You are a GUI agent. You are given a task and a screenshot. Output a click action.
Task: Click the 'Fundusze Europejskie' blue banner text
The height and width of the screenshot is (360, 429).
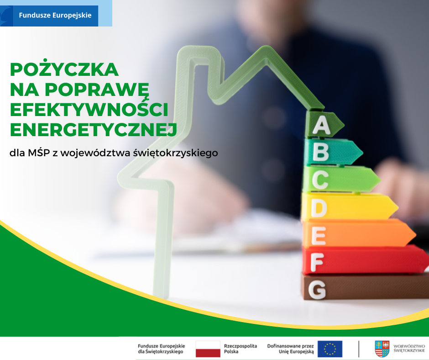pyautogui.click(x=55, y=15)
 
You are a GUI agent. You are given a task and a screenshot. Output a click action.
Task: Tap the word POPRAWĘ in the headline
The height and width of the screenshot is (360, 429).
pyautogui.click(x=97, y=90)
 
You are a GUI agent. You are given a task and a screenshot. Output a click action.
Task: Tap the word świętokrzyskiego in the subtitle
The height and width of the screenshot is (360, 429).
pyautogui.click(x=175, y=153)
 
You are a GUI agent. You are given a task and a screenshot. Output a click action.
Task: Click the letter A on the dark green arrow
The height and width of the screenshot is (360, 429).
pyautogui.click(x=321, y=125)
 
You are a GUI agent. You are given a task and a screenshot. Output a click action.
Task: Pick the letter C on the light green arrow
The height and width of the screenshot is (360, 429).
pyautogui.click(x=319, y=180)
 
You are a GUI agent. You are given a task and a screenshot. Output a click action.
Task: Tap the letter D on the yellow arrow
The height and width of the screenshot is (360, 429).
pyautogui.click(x=319, y=208)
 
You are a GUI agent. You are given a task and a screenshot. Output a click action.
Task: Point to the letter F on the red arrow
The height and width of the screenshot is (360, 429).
pyautogui.click(x=317, y=262)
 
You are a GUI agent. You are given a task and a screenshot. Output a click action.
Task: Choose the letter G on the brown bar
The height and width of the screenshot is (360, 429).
pyautogui.click(x=317, y=289)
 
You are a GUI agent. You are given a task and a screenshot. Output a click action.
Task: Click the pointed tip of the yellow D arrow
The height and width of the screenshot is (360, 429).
pyautogui.click(x=398, y=207)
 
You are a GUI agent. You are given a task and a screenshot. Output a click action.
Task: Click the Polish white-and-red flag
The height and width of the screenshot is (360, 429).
pyautogui.click(x=208, y=349)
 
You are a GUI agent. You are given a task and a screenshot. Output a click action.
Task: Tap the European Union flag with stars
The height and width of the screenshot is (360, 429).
pyautogui.click(x=330, y=349)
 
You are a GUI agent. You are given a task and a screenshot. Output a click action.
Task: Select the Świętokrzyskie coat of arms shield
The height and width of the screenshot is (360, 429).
pyautogui.click(x=382, y=349)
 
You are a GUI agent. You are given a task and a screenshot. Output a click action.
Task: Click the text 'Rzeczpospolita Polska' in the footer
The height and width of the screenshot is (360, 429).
pyautogui.click(x=241, y=349)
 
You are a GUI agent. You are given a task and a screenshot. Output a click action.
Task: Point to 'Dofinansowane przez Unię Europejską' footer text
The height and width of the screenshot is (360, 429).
pyautogui.click(x=291, y=349)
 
